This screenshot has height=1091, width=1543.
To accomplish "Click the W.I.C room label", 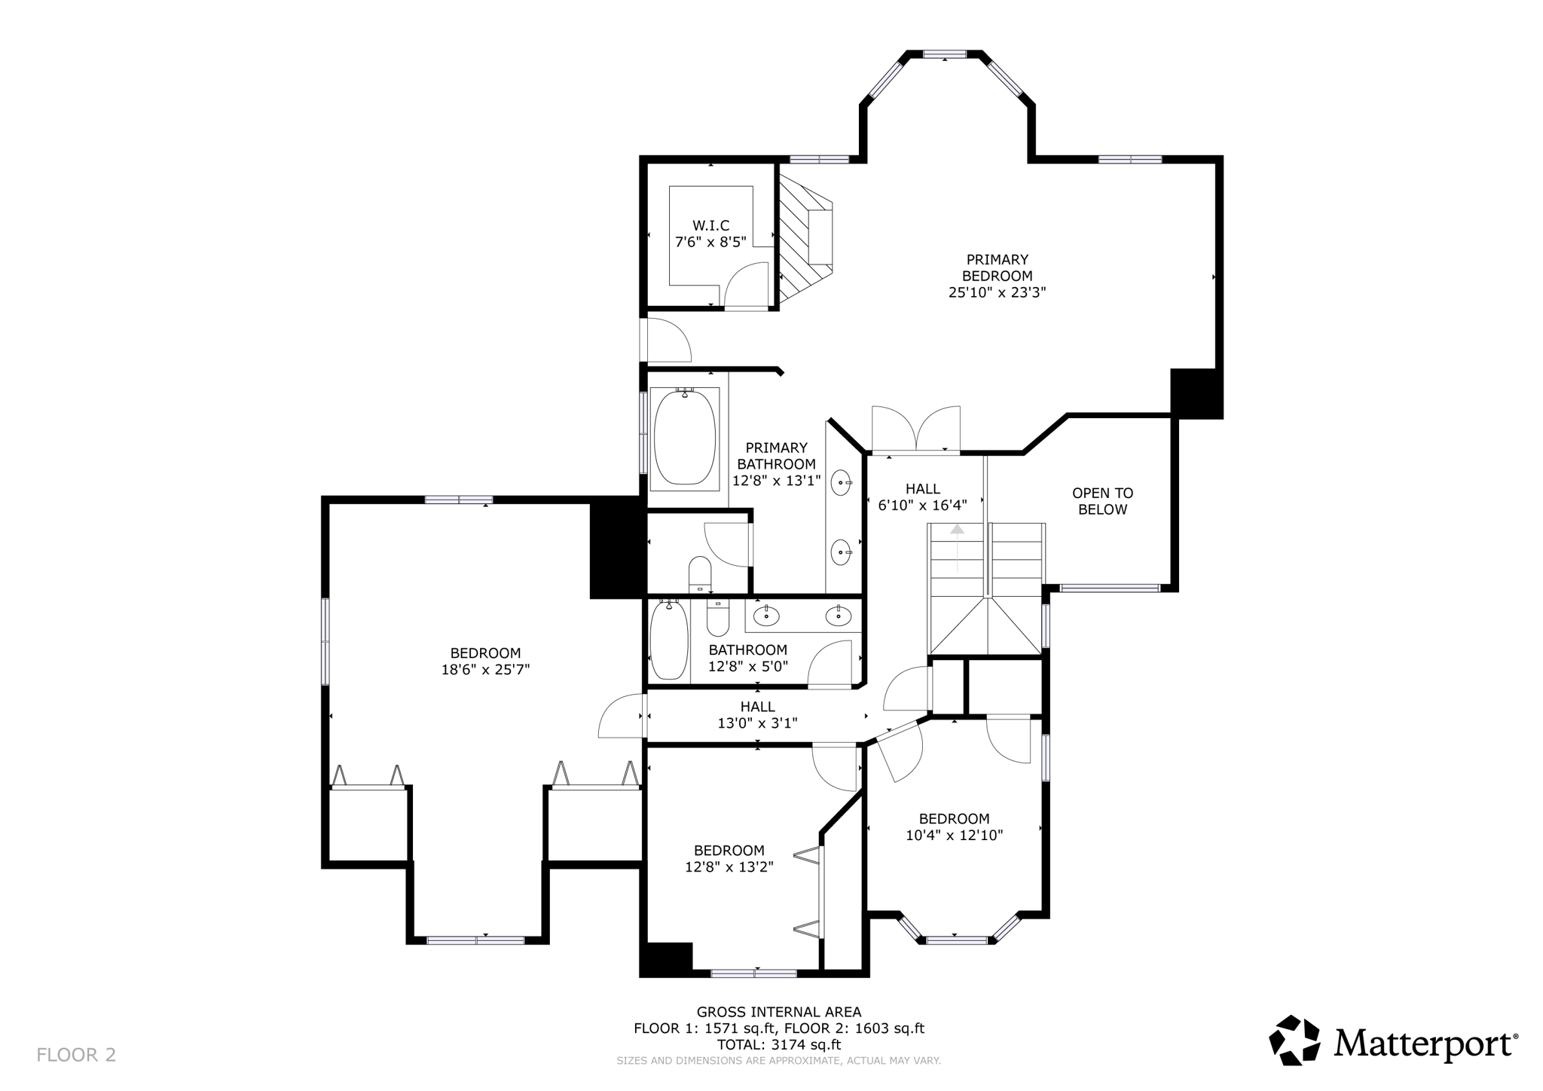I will pos(710,225).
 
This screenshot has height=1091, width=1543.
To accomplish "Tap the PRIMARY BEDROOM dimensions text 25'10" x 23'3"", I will pos(997,292).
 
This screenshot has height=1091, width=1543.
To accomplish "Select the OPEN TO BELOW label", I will pos(1102,501).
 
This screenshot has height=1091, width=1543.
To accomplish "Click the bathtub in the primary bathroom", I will pos(684,437).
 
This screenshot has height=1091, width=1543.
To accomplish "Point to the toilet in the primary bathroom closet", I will pos(700,574).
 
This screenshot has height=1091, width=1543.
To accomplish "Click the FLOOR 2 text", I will pos(76,1055).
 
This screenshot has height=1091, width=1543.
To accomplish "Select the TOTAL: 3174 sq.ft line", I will pos(778,1044).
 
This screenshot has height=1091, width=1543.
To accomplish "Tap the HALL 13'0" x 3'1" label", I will pos(757,715).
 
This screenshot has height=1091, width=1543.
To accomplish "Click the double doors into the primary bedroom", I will pos(916,431).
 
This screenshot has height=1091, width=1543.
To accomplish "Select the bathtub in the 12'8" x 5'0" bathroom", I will pos(668,640).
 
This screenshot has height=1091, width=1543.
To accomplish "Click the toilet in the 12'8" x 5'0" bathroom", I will pos(718,617).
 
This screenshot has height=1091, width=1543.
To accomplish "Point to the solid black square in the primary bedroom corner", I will pos(1195,393).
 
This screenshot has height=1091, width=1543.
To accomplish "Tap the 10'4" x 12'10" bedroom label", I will pos(954,827).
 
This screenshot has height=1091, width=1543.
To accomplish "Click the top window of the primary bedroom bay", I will pos(945,54).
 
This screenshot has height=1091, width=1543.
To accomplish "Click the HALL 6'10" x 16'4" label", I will pos(922,497).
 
